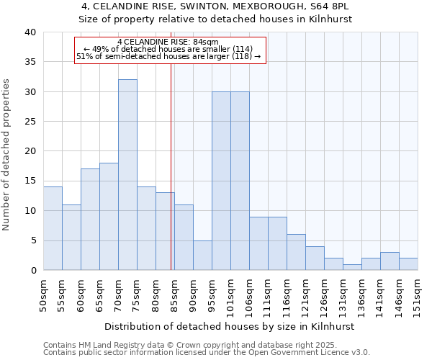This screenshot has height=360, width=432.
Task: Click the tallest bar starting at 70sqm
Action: pos(127,175)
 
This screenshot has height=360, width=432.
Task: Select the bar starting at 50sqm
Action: pos(53,228)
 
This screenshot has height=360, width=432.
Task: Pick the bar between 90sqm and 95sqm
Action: pos(202,255)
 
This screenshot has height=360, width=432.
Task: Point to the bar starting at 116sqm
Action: pos(296,252)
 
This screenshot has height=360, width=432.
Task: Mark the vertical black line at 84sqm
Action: pos(171,166)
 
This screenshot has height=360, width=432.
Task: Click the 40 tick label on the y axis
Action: pos(30,32)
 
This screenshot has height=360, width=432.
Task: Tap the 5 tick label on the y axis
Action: pos(33,240)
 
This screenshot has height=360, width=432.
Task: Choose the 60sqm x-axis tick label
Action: pos(81,295)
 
